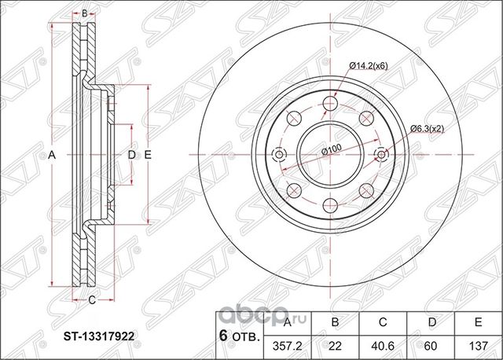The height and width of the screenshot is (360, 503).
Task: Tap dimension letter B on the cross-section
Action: tap(85, 13)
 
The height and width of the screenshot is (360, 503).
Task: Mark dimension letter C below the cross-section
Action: tap(91, 299)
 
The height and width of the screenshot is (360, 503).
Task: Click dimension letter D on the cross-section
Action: tap(131, 156)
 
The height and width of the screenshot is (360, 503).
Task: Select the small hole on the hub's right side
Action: tap(382, 154)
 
